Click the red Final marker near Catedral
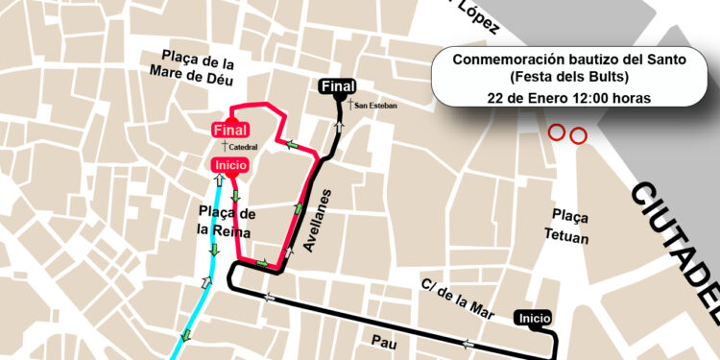click(230, 130)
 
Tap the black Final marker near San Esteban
click(337, 87)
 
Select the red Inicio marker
click(230, 166)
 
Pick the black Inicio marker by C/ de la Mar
click(534, 318)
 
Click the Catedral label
click(243, 147)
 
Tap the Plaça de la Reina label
click(226, 220)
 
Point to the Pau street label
click(385, 340)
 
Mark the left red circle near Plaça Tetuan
click(556, 132)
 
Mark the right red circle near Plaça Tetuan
click(577, 136)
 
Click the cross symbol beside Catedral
click(224, 146)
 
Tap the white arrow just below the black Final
click(338, 124)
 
